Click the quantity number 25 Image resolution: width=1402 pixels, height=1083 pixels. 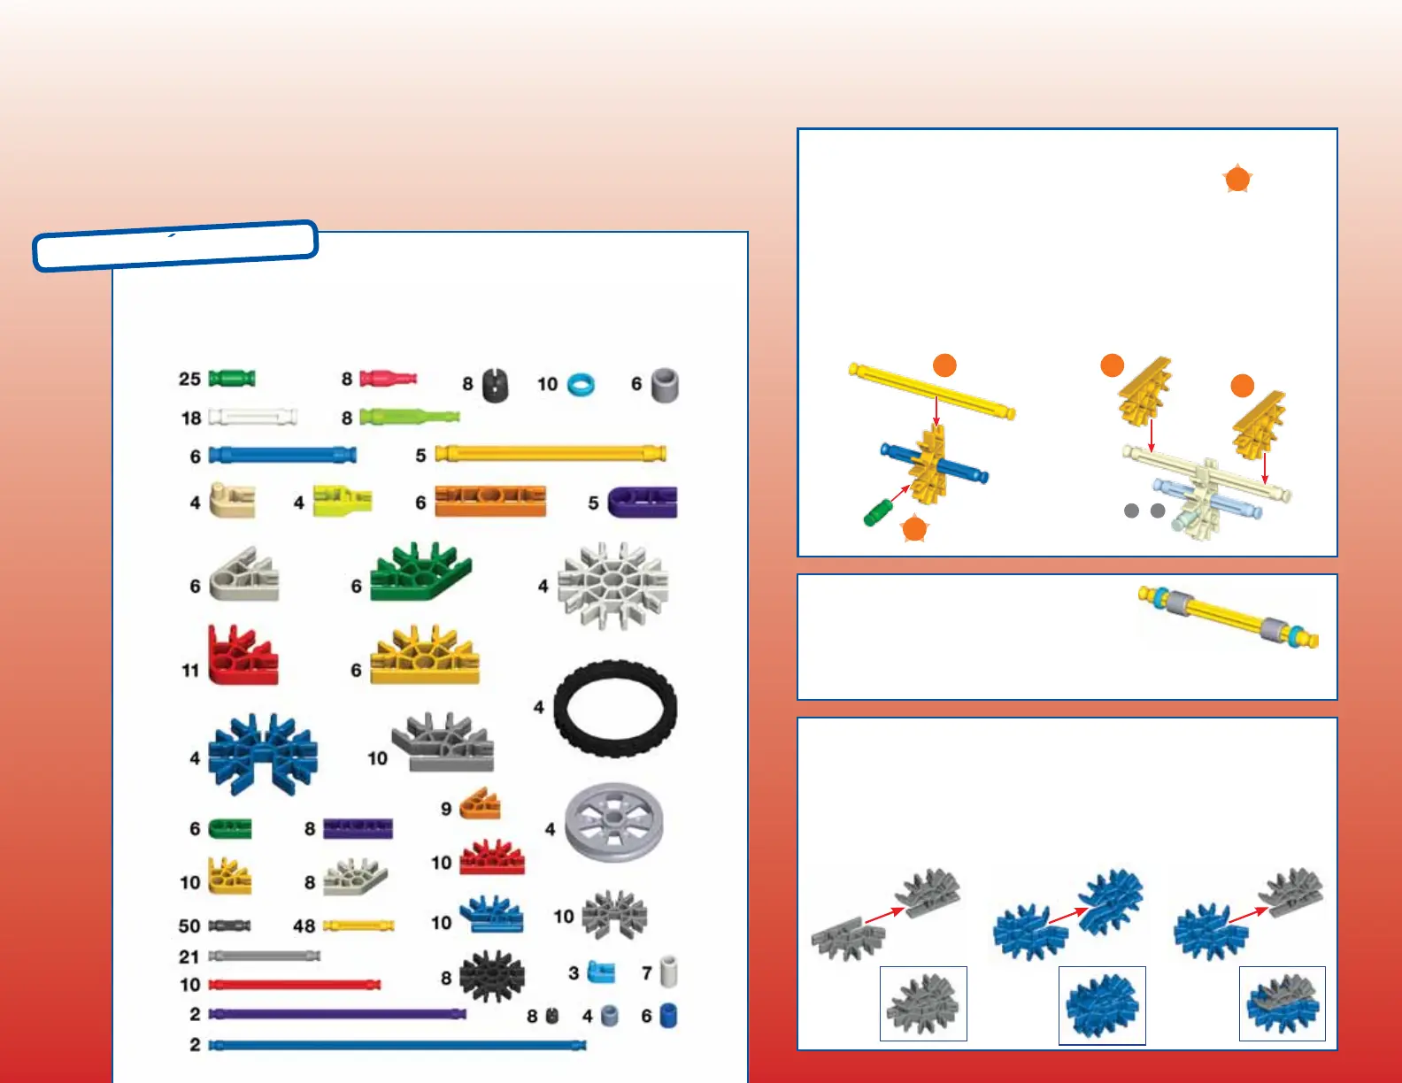[189, 379]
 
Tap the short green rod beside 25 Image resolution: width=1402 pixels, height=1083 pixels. [232, 379]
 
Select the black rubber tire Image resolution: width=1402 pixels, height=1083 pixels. [615, 709]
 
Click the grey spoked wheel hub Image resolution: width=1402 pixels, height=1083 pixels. [613, 823]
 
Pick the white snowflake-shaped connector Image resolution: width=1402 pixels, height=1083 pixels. [612, 586]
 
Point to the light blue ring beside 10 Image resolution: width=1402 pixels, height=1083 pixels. [581, 385]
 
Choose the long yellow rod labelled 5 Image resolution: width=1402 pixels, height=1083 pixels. [551, 454]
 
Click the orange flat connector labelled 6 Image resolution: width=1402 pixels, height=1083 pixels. [489, 501]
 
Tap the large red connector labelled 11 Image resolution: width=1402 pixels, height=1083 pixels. [242, 656]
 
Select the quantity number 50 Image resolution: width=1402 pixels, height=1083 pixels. [189, 926]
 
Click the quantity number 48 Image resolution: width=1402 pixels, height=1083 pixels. [304, 926]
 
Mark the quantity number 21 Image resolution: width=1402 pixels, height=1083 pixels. [189, 956]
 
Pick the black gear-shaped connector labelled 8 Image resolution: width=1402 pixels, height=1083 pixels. [492, 977]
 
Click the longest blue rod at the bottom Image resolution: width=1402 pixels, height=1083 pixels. [397, 1045]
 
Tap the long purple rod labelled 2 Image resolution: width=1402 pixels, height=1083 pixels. [336, 1014]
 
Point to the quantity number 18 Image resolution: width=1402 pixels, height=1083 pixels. [191, 418]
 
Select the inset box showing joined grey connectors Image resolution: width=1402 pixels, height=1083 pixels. [923, 1003]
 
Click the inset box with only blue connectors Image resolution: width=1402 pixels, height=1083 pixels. [1102, 1005]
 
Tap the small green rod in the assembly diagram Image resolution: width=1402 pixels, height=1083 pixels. [878, 512]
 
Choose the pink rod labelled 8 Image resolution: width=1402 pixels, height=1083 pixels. [388, 380]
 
